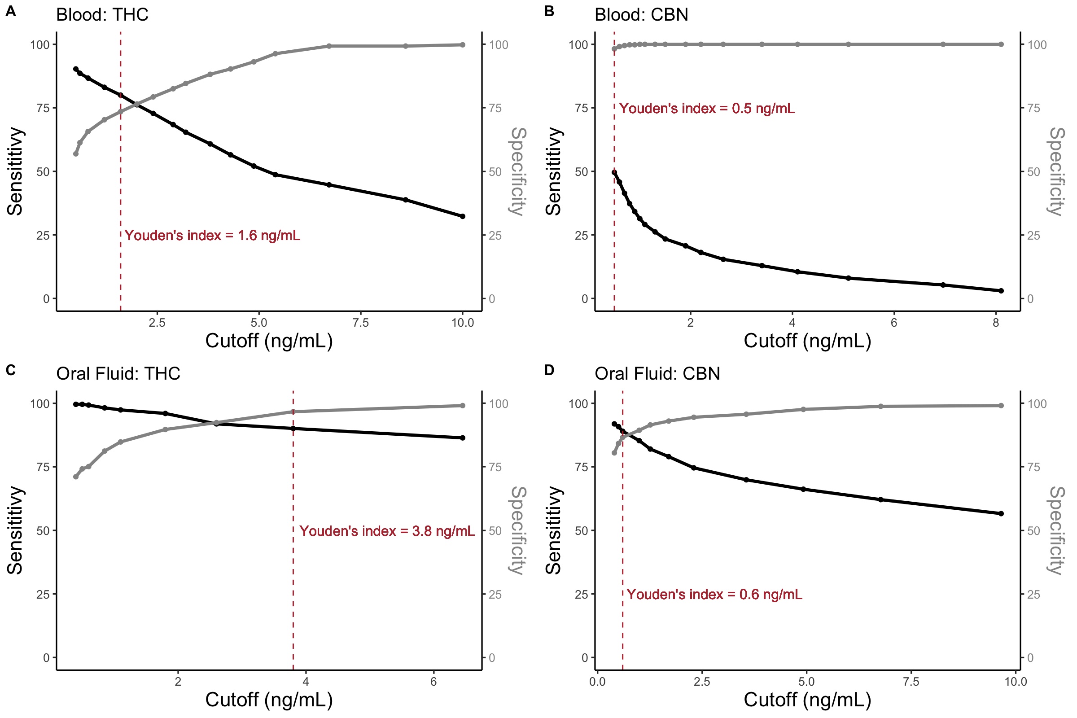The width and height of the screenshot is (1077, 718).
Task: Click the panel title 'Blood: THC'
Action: pyautogui.click(x=102, y=15)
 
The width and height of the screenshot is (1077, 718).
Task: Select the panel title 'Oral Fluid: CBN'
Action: pyautogui.click(x=657, y=374)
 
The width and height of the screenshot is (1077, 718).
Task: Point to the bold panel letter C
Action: pyautogui.click(x=10, y=370)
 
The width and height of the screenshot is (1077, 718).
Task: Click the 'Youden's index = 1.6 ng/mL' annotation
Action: pyautogui.click(x=212, y=235)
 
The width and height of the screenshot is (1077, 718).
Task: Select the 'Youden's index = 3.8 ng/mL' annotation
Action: pyautogui.click(x=387, y=531)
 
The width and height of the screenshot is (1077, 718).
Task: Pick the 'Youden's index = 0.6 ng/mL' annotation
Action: pyautogui.click(x=714, y=594)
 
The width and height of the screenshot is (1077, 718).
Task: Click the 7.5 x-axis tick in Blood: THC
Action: pyautogui.click(x=361, y=323)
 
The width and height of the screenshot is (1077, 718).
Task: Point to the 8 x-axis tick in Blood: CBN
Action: pyautogui.click(x=996, y=323)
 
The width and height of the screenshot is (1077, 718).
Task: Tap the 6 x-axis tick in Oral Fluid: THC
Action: pyautogui.click(x=433, y=682)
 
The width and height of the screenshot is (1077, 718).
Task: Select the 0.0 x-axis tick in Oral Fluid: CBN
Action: pyautogui.click(x=597, y=682)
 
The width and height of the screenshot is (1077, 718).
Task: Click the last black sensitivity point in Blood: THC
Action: pyautogui.click(x=463, y=216)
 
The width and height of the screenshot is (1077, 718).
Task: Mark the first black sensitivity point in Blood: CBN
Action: pyautogui.click(x=614, y=172)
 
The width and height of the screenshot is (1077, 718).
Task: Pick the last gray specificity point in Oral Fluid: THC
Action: pyautogui.click(x=463, y=406)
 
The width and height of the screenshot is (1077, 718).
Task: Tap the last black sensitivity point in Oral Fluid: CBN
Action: pyautogui.click(x=1001, y=513)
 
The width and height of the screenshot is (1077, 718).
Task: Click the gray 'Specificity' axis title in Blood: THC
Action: pyautogui.click(x=518, y=171)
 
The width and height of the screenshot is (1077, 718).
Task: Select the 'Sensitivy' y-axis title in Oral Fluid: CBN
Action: pyautogui.click(x=554, y=530)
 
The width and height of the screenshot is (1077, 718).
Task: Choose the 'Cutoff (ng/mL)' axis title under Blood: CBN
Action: pyautogui.click(x=807, y=341)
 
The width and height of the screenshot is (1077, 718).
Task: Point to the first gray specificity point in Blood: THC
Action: pyautogui.click(x=76, y=154)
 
